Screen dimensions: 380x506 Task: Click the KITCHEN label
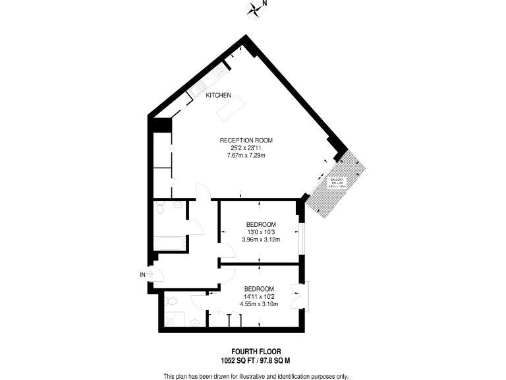(219, 96)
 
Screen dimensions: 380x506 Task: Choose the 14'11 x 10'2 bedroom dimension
(259, 296)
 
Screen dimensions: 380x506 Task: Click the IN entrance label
(142, 274)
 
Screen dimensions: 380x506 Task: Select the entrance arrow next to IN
(150, 274)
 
